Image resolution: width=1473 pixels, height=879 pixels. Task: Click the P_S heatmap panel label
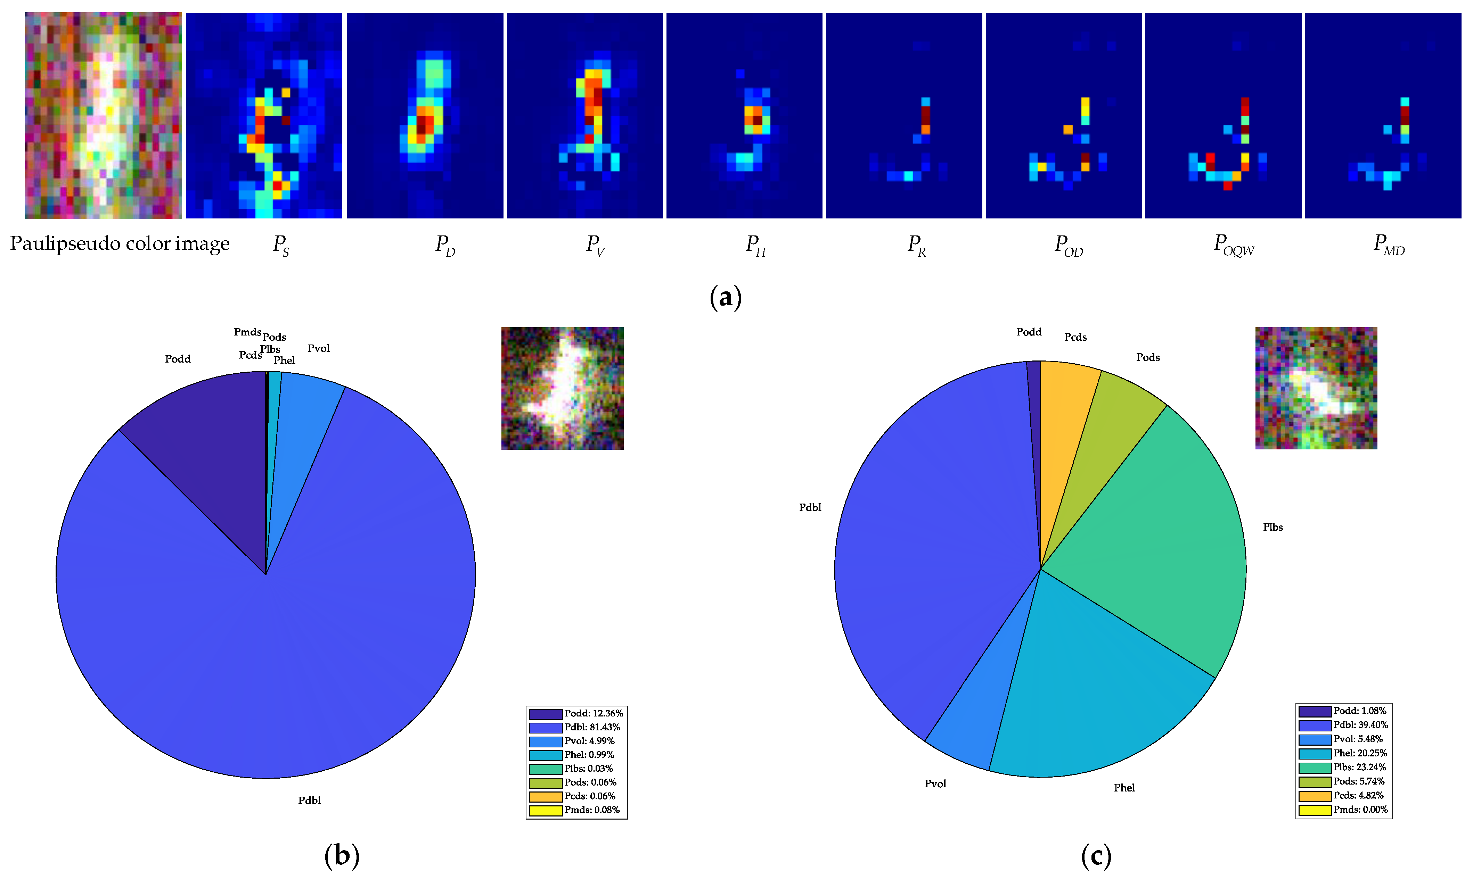click(x=281, y=244)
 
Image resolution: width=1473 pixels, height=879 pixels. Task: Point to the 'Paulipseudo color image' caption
click(x=120, y=243)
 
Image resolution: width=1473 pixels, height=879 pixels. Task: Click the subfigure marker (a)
click(x=725, y=297)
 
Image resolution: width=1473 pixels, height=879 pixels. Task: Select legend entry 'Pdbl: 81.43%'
click(x=591, y=727)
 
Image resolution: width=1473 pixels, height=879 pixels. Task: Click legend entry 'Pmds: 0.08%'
click(x=591, y=810)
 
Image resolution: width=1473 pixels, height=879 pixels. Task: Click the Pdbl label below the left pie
click(x=309, y=800)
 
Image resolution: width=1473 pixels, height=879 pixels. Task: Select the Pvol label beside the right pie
click(x=935, y=783)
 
